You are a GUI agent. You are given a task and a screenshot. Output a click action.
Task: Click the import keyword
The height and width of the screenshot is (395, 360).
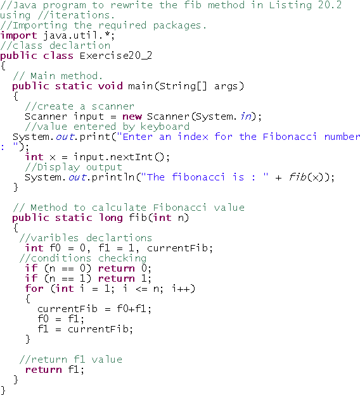pyautogui.click(x=18, y=36)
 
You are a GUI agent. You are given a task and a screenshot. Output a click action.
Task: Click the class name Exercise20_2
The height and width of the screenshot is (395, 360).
pyautogui.click(x=116, y=56)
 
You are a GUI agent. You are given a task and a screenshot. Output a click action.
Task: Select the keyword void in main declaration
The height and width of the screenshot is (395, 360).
pyautogui.click(x=110, y=86)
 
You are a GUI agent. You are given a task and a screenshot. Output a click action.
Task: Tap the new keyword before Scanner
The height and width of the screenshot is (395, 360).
pyautogui.click(x=132, y=116)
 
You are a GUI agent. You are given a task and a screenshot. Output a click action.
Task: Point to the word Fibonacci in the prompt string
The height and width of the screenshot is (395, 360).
pyautogui.click(x=290, y=137)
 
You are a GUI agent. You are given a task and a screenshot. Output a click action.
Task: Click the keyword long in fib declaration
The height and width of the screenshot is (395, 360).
pyautogui.click(x=111, y=218)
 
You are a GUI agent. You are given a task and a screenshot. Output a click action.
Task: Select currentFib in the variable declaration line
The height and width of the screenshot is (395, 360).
pyautogui.click(x=177, y=248)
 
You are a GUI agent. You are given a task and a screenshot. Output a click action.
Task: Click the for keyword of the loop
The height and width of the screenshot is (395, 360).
pyautogui.click(x=34, y=289)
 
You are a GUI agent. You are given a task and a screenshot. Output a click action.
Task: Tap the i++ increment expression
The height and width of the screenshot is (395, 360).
pyautogui.click(x=181, y=289)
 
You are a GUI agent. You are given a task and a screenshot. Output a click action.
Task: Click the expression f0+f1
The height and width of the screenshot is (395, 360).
pyautogui.click(x=131, y=309)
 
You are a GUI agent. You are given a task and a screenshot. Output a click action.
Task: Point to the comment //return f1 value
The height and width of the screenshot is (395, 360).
pyautogui.click(x=71, y=360)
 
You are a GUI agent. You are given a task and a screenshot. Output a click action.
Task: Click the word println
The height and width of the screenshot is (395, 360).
pyautogui.click(x=113, y=177)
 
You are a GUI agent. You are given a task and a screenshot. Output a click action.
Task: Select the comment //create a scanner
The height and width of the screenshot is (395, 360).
pyautogui.click(x=79, y=106)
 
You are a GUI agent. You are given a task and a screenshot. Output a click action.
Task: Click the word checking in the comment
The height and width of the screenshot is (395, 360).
pyautogui.click(x=122, y=259)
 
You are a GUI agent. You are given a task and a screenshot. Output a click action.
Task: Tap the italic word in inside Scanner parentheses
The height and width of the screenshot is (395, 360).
pyautogui.click(x=246, y=116)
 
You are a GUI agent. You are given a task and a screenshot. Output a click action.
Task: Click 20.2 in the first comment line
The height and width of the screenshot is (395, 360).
pyautogui.click(x=330, y=5)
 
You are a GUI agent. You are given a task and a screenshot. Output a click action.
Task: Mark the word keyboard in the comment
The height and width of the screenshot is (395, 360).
pyautogui.click(x=165, y=127)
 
